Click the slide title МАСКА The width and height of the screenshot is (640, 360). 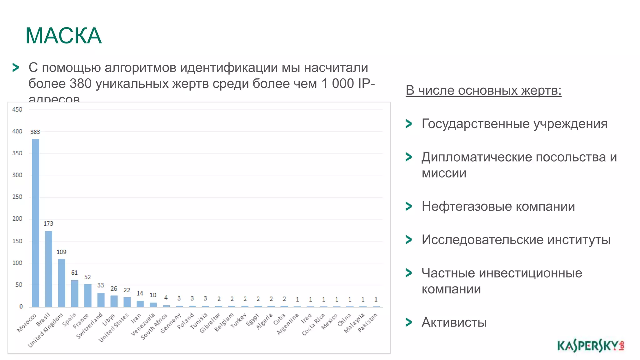tap(63, 36)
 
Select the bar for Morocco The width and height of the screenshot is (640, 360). tap(35, 222)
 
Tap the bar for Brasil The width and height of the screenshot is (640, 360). tap(48, 269)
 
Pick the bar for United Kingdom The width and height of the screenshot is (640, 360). tap(62, 283)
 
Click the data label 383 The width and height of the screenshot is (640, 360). tap(35, 132)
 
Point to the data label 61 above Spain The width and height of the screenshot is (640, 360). tap(74, 272)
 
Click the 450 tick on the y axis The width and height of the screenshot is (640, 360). tap(17, 109)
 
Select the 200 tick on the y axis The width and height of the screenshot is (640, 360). tap(17, 219)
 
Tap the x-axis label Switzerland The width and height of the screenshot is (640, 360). tap(90, 325)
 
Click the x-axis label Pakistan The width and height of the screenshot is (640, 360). tap(368, 322)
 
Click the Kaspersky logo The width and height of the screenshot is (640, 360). tap(590, 346)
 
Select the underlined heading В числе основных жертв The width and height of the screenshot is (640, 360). tap(483, 91)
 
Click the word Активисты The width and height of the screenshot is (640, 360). tap(454, 322)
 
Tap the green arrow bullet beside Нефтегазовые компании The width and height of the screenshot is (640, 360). tap(408, 206)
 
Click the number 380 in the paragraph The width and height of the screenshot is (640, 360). tap(81, 83)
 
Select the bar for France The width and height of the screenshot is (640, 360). tap(88, 295)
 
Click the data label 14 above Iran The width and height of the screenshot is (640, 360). tap(140, 293)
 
